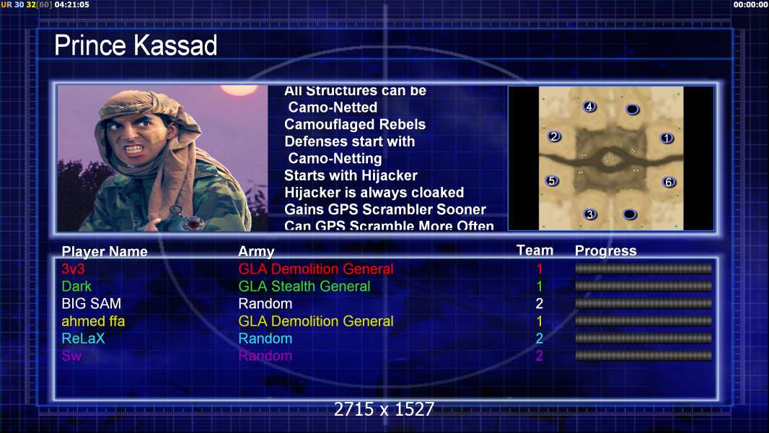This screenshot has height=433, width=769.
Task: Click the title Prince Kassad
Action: click(x=136, y=45)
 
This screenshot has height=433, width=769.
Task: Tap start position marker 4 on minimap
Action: click(x=589, y=106)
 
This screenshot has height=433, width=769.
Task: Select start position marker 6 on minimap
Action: click(x=669, y=183)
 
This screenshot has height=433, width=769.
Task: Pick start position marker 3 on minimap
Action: click(x=590, y=214)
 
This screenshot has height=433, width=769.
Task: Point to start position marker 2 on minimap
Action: click(x=554, y=136)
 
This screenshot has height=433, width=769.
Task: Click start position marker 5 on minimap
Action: click(x=553, y=181)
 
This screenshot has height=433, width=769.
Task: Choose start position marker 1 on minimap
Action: click(x=667, y=139)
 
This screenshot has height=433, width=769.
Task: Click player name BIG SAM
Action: click(x=91, y=304)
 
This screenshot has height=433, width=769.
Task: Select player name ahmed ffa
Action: click(x=93, y=321)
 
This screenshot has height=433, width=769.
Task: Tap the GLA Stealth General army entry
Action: click(x=304, y=287)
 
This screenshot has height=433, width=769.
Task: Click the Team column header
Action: click(x=535, y=250)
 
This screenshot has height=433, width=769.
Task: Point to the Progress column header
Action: click(x=606, y=251)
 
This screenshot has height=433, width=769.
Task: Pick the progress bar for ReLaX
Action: click(x=643, y=338)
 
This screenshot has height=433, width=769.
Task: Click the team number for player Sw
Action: click(x=539, y=356)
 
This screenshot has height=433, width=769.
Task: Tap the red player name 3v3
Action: click(x=73, y=268)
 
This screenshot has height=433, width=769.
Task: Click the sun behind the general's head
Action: click(x=239, y=89)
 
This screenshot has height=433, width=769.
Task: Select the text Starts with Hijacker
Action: click(x=351, y=175)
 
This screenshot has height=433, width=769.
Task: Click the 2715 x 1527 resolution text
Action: click(x=384, y=409)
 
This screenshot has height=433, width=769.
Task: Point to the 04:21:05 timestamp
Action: click(x=71, y=4)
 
